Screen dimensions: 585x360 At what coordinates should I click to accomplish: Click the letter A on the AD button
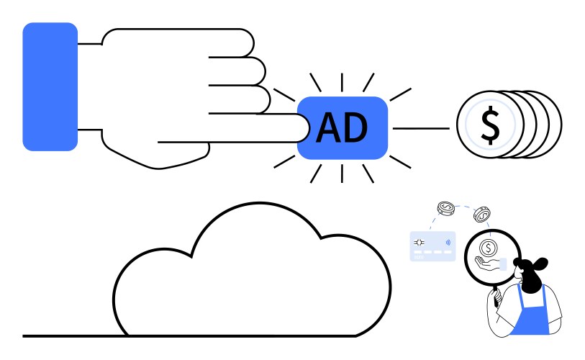(x=328, y=127)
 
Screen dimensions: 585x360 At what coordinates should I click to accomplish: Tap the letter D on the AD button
(x=356, y=127)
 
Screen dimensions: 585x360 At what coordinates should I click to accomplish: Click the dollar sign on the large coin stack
(x=490, y=125)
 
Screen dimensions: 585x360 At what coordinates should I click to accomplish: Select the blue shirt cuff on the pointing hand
(x=50, y=86)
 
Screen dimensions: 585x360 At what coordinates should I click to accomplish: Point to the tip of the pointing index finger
(x=309, y=127)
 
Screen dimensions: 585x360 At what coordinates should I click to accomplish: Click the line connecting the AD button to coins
(x=421, y=128)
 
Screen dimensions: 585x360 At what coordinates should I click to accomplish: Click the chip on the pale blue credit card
(x=419, y=243)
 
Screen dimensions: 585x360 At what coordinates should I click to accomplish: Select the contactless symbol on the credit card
(x=448, y=243)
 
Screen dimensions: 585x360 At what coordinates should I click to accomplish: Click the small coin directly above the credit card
(x=446, y=208)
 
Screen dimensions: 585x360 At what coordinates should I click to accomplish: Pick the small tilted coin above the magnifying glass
(x=481, y=215)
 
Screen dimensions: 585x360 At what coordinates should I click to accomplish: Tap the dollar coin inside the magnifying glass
(x=488, y=247)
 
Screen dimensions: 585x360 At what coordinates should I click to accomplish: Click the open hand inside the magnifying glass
(x=487, y=263)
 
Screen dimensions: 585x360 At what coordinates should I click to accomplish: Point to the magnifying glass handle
(x=496, y=296)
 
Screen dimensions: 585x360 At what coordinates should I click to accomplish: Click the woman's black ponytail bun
(x=540, y=264)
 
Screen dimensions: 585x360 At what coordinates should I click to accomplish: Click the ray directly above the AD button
(x=342, y=83)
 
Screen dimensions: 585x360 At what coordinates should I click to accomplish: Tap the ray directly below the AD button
(x=342, y=174)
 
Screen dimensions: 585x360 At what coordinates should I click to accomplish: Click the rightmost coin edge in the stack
(x=556, y=124)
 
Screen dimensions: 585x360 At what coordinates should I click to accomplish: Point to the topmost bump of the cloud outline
(x=260, y=203)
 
